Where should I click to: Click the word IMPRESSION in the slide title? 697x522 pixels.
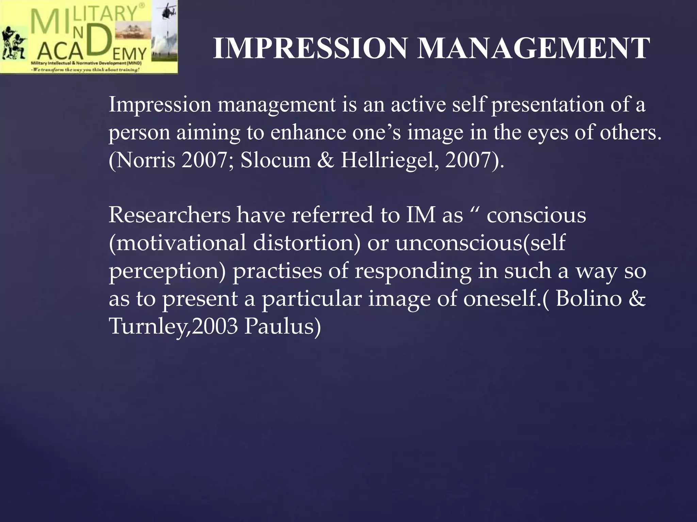point(310,49)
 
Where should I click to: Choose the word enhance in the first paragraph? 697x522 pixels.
point(308,132)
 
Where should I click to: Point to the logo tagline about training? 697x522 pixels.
point(85,70)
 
